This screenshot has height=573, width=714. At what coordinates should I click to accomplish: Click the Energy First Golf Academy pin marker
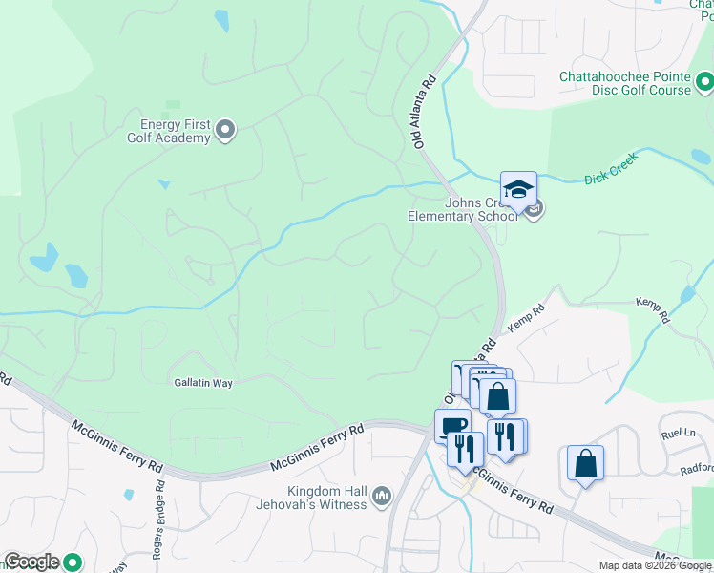click(x=225, y=129)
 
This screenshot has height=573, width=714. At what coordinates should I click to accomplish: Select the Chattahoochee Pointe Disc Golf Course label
click(x=625, y=84)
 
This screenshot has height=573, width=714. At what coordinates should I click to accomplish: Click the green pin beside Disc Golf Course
click(x=704, y=85)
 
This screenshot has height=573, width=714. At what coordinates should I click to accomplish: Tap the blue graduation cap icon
click(x=518, y=189)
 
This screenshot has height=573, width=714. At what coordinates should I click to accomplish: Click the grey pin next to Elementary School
click(x=534, y=208)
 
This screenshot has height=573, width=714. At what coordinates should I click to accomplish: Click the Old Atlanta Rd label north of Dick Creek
click(x=425, y=112)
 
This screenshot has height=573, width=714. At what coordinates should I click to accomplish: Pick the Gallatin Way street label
click(x=203, y=382)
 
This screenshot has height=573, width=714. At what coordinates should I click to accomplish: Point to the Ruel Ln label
click(x=676, y=434)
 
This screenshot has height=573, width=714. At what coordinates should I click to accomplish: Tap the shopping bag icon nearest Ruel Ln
click(x=585, y=463)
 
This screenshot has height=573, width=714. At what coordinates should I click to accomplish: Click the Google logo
click(x=31, y=562)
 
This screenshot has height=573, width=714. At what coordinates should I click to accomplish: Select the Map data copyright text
click(x=655, y=565)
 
